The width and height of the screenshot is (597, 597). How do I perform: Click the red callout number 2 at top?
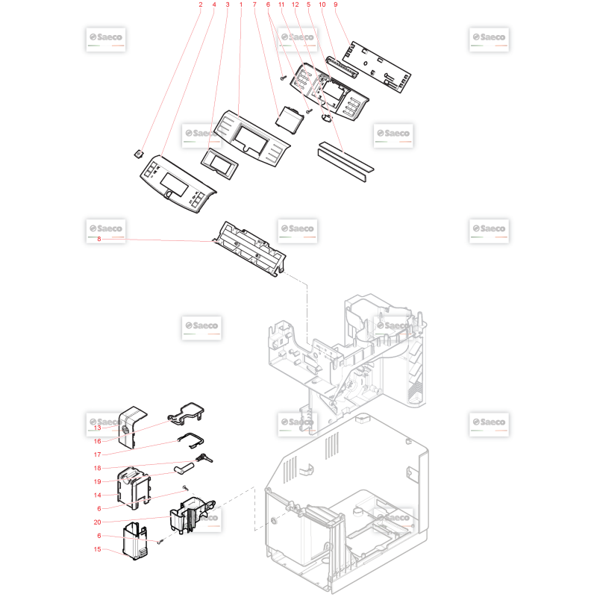201,5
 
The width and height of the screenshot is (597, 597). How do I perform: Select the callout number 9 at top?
335,5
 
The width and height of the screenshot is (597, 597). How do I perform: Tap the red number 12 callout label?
295,5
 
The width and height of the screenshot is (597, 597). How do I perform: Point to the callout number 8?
99,239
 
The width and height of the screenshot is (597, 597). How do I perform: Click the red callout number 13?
98,428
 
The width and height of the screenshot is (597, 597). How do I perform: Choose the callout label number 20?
98,522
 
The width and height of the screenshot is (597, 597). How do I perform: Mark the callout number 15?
98,549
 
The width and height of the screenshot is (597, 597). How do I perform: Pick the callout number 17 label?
98,454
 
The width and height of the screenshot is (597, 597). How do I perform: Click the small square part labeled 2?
139,154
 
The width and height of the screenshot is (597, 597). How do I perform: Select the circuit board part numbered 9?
377,67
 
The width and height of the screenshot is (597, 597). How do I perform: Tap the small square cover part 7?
290,119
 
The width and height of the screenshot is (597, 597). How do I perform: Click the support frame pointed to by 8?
250,249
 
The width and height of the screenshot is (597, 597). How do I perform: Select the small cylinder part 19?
185,468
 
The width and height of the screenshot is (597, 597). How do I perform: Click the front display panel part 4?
178,184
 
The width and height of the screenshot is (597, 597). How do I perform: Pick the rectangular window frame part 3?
219,163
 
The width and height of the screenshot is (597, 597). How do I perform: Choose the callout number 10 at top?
322,5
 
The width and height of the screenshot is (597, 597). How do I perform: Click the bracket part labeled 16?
187,413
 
